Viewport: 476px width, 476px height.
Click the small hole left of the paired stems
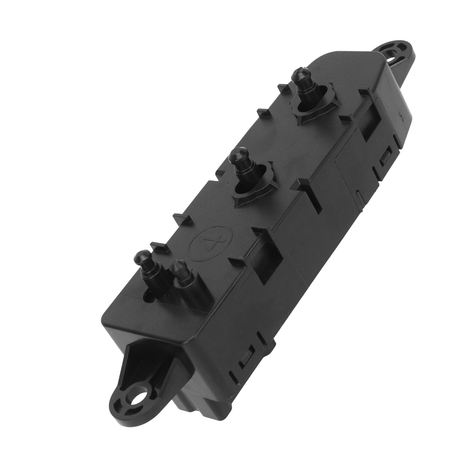(x=148, y=296)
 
